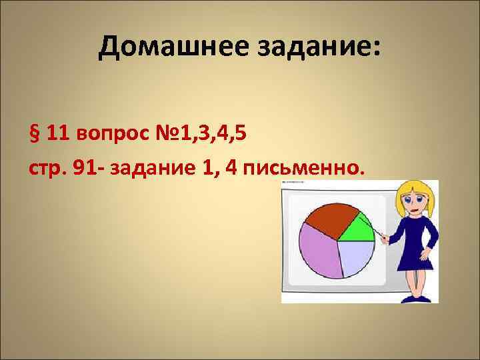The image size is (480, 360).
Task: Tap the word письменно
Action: pos(306,165)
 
